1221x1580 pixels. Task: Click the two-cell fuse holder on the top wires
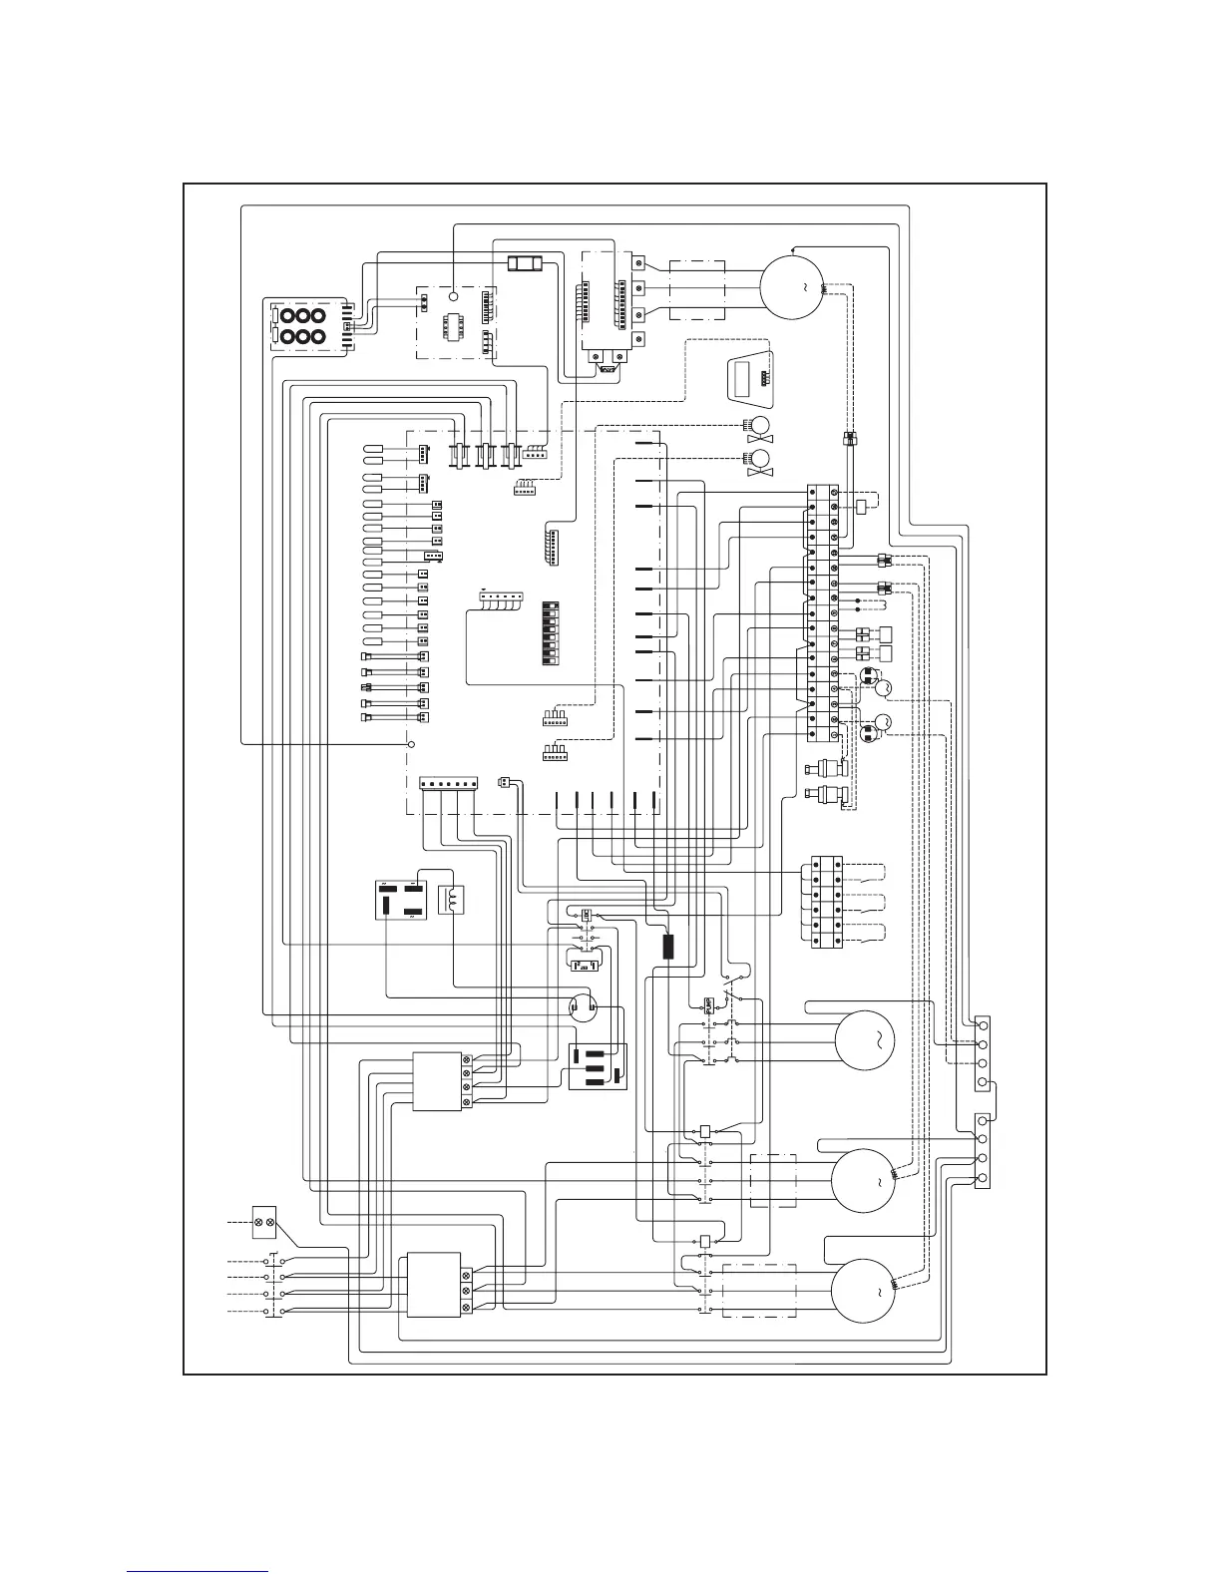point(525,264)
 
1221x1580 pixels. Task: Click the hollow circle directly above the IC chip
point(453,295)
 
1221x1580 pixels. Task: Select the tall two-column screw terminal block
point(823,613)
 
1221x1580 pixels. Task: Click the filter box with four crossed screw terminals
point(439,1082)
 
